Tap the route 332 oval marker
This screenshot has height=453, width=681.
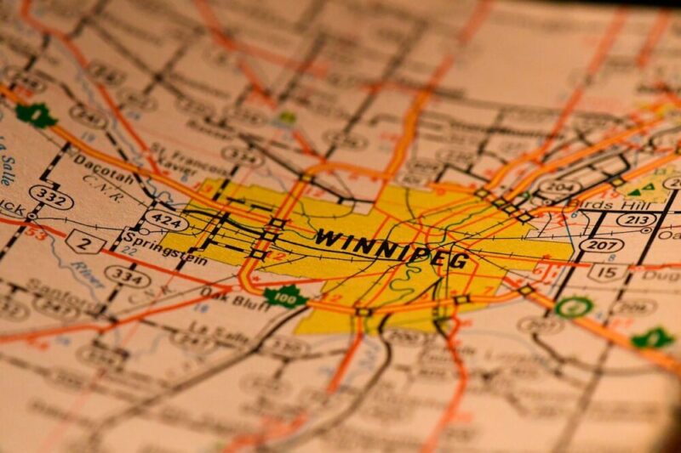50,197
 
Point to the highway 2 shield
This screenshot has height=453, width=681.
86,242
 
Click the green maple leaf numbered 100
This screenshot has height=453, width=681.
284,297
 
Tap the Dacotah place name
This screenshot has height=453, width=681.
103,167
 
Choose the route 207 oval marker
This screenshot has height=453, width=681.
601,245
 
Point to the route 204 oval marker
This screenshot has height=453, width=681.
560,187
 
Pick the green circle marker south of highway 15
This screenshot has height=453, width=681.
573,307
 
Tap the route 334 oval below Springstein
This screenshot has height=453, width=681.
128,275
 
